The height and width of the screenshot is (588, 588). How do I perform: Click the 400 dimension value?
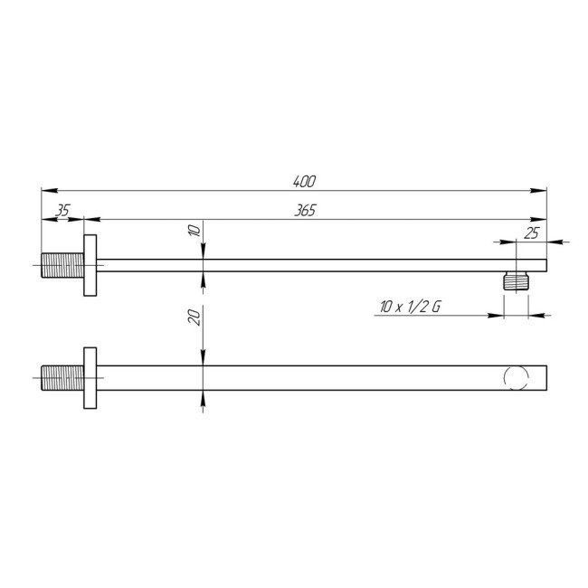click(x=304, y=182)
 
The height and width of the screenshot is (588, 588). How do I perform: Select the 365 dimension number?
click(x=305, y=211)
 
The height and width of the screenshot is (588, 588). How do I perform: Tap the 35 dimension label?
click(x=62, y=211)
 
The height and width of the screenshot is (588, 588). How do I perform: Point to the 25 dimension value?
click(x=531, y=233)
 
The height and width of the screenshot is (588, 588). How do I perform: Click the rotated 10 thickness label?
click(x=194, y=230)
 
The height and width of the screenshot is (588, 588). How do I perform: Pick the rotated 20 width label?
click(x=194, y=318)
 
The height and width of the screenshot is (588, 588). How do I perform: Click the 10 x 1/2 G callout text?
click(x=410, y=308)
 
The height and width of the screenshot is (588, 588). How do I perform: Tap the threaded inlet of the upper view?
click(x=62, y=265)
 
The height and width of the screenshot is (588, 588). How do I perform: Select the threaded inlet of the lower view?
click(x=62, y=378)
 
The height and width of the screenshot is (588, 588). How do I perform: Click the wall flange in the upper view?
click(x=90, y=265)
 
